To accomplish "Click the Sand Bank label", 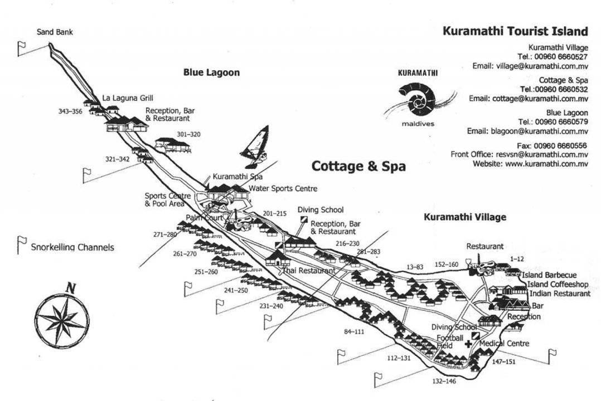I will click(x=55, y=32).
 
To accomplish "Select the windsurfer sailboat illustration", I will click(x=255, y=143).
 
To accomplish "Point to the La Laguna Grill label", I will click(x=128, y=98).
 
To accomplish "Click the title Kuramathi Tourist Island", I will click(x=515, y=31).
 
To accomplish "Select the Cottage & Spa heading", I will click(x=358, y=166).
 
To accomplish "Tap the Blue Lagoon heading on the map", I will click(x=211, y=72).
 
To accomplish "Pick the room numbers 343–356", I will click(x=70, y=111).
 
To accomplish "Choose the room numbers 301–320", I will click(x=188, y=134).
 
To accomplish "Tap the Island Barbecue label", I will click(x=549, y=275).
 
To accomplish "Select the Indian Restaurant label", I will click(x=559, y=294).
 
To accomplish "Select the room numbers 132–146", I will click(x=444, y=382).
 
